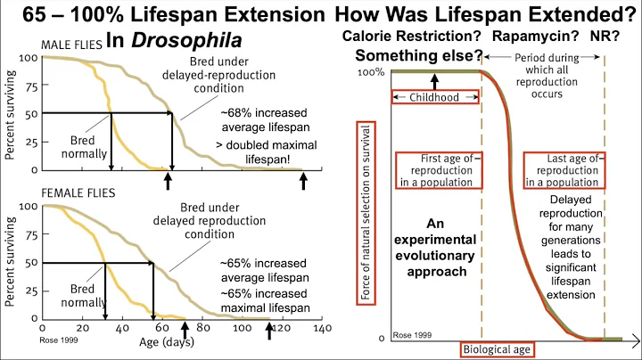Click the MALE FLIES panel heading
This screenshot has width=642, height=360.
coord(76,45)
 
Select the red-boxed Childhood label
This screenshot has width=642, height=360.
coord(436,95)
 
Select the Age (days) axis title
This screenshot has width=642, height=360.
coord(175,340)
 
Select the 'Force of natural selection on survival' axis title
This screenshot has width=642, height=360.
coord(364,207)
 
